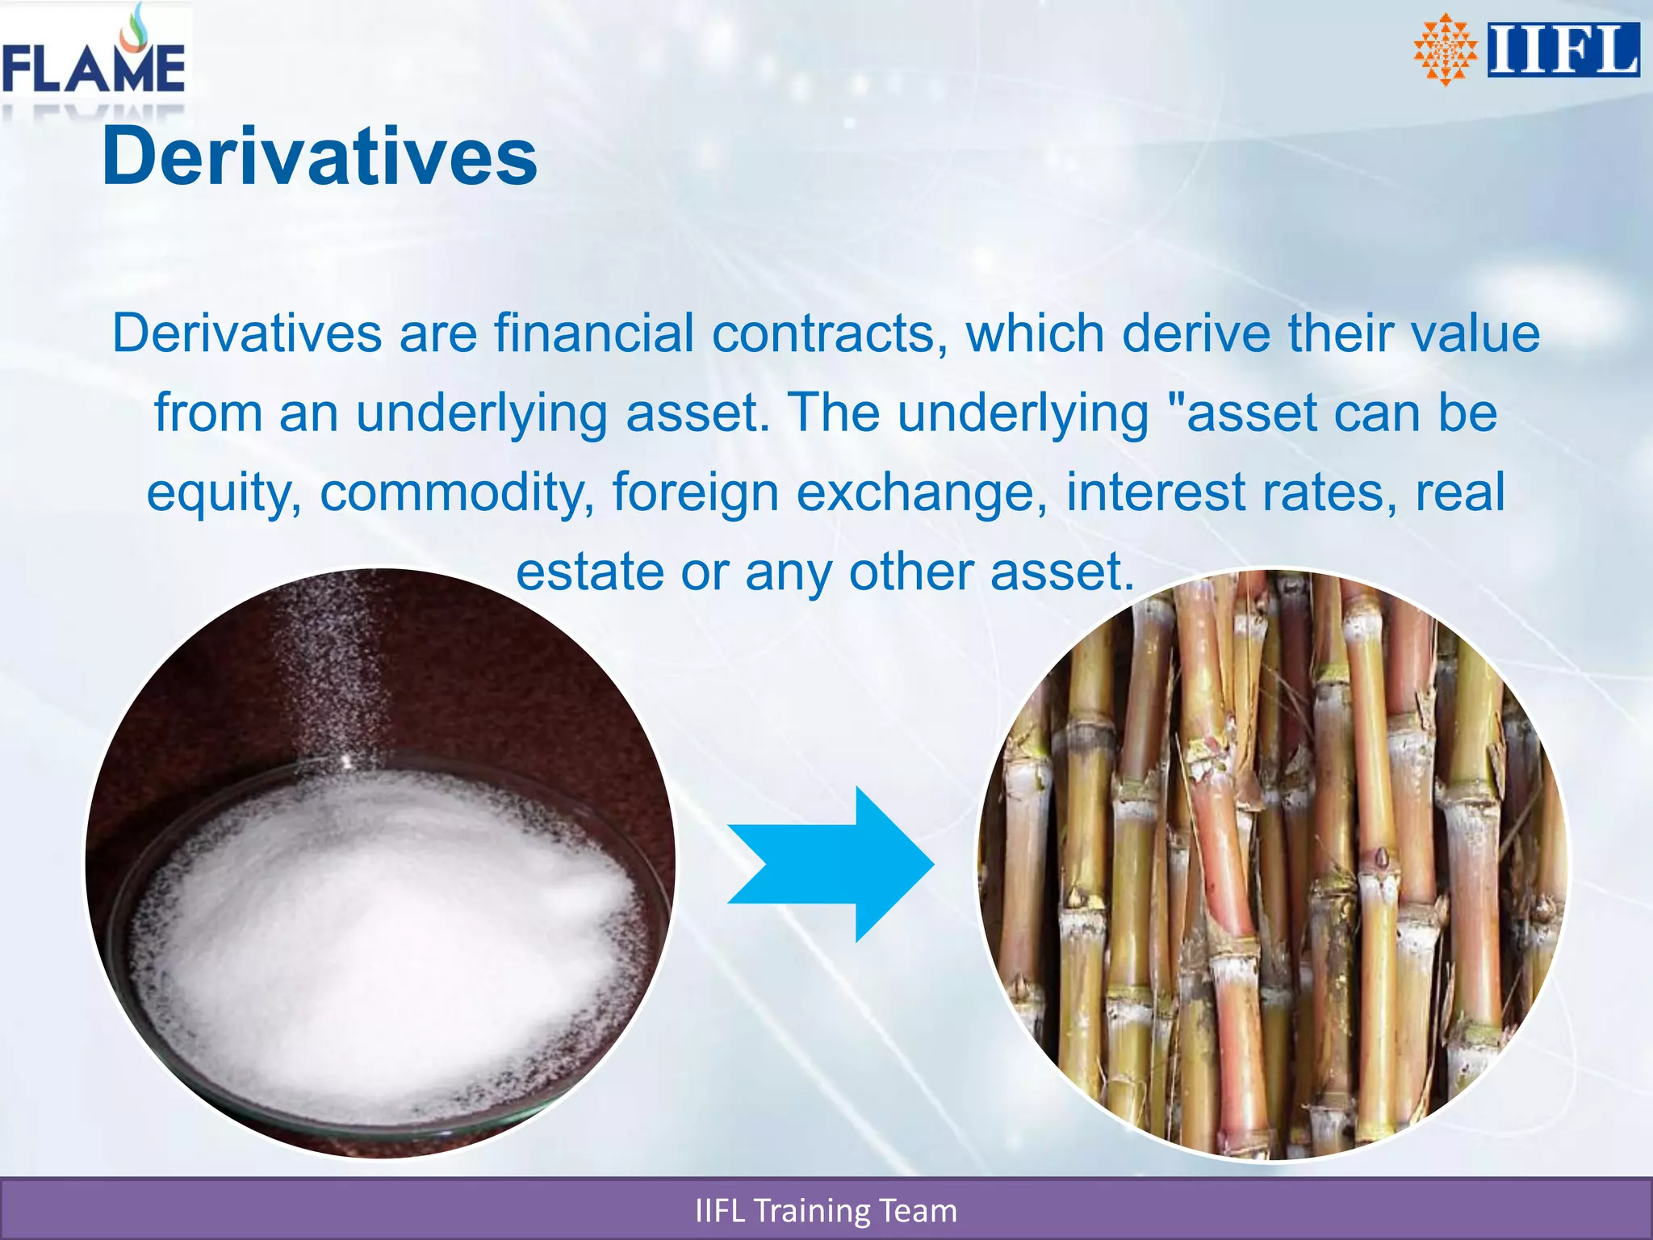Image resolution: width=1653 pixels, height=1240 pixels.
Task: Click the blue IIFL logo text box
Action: click(1563, 50)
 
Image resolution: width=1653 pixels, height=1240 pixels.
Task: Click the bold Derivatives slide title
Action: click(320, 157)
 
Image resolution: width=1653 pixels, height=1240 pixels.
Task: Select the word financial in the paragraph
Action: click(594, 333)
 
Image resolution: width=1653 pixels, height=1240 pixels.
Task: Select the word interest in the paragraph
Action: click(1156, 492)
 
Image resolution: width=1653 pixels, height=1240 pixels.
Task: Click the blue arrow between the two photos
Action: click(831, 864)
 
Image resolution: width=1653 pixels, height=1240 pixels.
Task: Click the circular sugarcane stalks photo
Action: click(1273, 864)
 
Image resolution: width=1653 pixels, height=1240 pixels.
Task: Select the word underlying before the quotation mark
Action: click(1023, 413)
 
